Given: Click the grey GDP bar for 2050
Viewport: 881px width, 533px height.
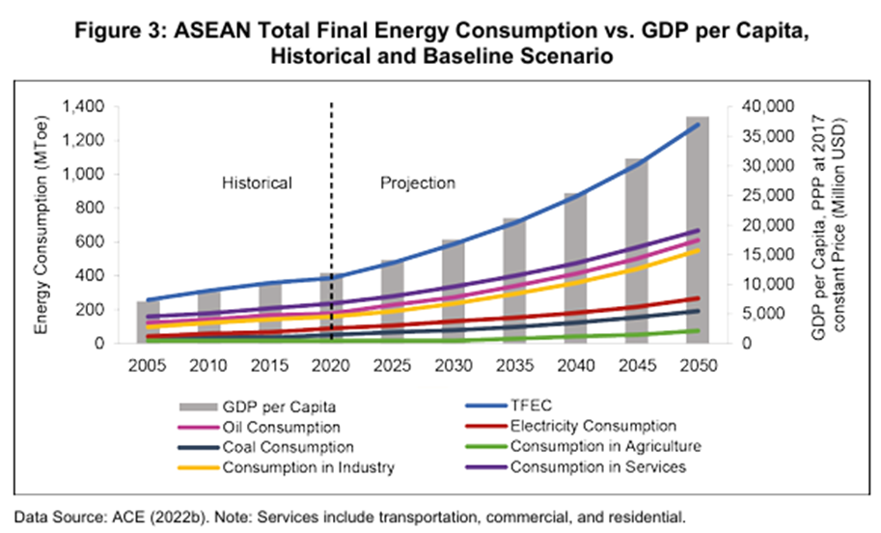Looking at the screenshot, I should [697, 232].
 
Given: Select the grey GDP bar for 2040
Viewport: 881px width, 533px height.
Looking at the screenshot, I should [574, 270].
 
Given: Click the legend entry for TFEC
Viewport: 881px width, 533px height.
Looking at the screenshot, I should [531, 406].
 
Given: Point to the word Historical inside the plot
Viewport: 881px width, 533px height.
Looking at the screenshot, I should [257, 182].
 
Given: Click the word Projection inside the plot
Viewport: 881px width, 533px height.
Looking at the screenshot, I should [417, 182].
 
